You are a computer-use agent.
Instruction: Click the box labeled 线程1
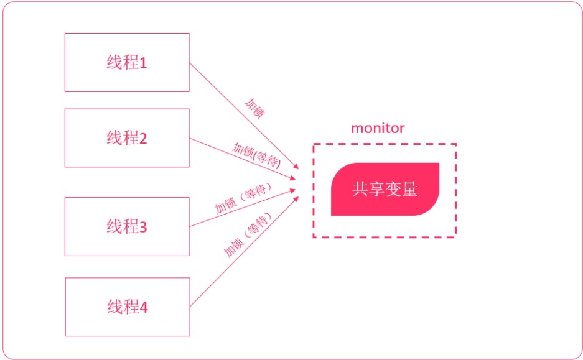(127, 63)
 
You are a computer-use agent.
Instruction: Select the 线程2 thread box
(127, 138)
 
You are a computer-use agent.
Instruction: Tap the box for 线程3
(127, 226)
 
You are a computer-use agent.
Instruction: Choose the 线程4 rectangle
(127, 307)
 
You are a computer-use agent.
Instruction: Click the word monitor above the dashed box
(378, 129)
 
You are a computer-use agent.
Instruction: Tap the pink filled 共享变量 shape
(385, 189)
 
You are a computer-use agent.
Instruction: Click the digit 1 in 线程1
(143, 63)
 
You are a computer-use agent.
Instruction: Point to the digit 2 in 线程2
(143, 139)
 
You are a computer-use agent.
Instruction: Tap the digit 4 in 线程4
(144, 308)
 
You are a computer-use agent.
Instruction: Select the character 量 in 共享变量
(409, 189)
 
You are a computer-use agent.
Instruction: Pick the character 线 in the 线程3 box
(114, 226)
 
